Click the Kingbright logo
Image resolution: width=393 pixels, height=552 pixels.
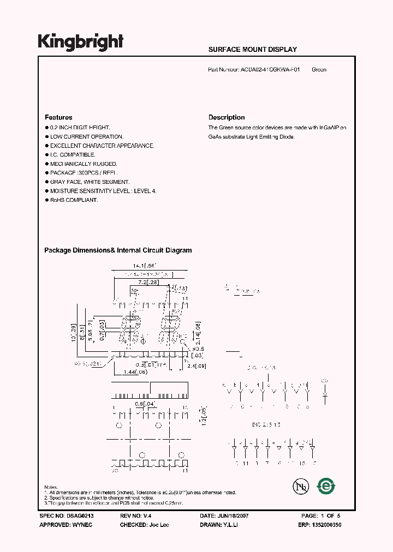[x=80, y=42]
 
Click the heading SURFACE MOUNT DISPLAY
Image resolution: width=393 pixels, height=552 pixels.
[x=252, y=50]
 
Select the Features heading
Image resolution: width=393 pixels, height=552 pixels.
[x=58, y=117]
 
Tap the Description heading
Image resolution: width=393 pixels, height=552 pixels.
[x=227, y=117]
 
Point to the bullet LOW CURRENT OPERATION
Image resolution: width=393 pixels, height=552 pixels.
[x=87, y=137]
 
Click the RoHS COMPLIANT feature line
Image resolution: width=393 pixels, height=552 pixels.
[x=74, y=200]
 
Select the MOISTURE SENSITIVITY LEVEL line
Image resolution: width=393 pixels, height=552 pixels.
[x=103, y=191]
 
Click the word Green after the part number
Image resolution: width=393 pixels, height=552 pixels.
[x=319, y=70]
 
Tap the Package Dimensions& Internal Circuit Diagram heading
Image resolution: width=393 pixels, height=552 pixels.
[x=118, y=250]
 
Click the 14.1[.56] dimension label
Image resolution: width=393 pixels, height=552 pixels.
[x=144, y=266]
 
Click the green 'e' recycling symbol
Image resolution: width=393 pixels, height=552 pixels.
[x=326, y=485]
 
